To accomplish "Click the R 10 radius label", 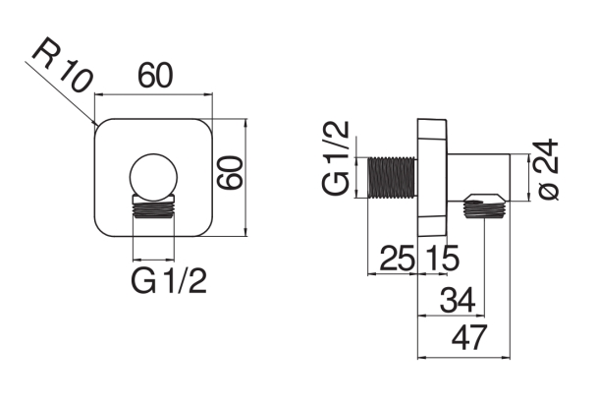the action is pos(63,65).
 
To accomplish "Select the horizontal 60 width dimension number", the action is pos(155,76).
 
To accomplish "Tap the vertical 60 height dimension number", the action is pos(230,172).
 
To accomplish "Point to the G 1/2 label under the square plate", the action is pos(169,280).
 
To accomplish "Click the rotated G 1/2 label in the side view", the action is pos(336,157).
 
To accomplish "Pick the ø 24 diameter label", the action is pos(547,169).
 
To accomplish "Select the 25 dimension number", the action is pos(397,259).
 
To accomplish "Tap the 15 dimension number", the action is pos(442,259).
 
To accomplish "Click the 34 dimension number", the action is pos(458,300).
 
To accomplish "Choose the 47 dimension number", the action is pos(469,337).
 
